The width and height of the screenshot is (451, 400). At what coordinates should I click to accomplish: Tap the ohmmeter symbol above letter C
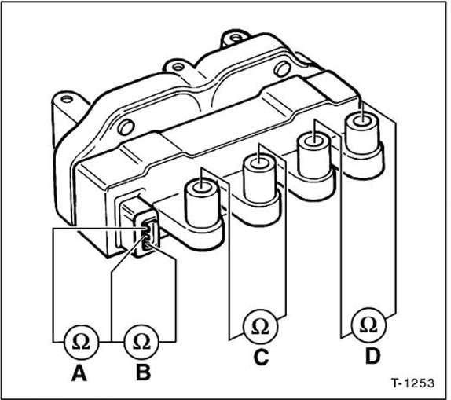coord(259,326)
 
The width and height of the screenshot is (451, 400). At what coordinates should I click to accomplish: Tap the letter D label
coord(372,356)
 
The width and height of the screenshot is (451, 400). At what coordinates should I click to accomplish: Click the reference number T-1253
coord(411,384)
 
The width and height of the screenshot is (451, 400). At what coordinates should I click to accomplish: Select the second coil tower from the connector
coord(259,182)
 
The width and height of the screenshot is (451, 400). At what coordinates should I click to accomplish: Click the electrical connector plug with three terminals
coord(146,233)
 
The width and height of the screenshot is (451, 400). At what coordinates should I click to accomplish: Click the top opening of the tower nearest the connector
coord(201,187)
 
